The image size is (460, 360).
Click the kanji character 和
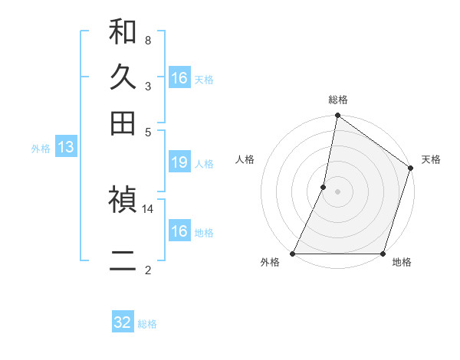pos(123,33)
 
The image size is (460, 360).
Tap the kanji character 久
pos(123,77)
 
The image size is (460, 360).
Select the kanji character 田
pos(123,123)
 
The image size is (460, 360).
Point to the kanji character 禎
pos(123,200)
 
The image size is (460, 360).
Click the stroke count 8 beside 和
pos(148,41)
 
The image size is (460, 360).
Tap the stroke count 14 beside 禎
pos(148,208)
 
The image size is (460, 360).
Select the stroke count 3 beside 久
pos(148,86)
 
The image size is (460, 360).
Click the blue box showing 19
pos(179,162)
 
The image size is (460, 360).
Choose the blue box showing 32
pos(123,322)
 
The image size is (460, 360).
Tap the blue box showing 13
pos(65,148)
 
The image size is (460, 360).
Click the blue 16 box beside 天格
pos(179,78)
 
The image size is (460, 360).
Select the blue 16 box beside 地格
pos(179,231)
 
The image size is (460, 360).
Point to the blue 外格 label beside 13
pos(41,149)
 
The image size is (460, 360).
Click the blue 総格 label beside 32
pos(148,324)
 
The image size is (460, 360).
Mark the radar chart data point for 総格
pos(337,116)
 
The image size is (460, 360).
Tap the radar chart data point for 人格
pos(324,187)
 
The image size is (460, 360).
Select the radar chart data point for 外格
pos(293,254)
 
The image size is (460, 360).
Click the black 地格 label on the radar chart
pos(402,263)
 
